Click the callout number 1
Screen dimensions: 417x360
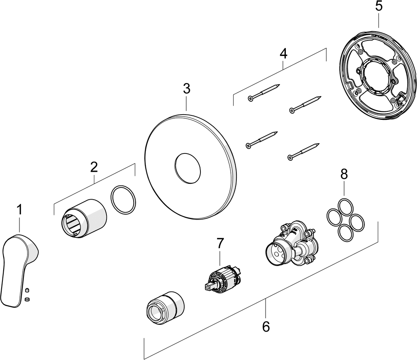[19, 210]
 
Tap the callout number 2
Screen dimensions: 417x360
[94, 167]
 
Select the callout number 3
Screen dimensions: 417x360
[187, 89]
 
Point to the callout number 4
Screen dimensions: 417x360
[283, 54]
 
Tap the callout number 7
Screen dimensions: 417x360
[220, 243]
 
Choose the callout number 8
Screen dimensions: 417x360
[344, 175]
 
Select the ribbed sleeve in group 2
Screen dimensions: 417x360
[84, 218]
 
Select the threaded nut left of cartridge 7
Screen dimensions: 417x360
[166, 307]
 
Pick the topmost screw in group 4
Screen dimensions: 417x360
[264, 92]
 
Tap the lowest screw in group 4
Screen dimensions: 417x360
[303, 152]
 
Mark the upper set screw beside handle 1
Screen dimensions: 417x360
[27, 290]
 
